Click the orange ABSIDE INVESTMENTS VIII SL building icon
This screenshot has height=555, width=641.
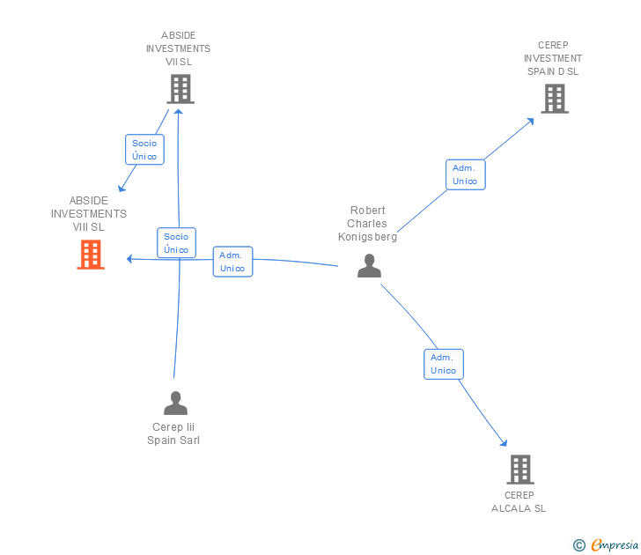(91, 255)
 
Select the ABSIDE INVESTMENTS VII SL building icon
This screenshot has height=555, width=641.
(180, 89)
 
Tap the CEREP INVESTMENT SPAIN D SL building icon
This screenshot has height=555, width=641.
(555, 99)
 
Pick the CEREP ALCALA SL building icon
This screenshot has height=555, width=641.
(520, 470)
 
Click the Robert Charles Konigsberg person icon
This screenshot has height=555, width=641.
(370, 265)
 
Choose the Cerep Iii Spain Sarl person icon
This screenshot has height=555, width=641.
(176, 403)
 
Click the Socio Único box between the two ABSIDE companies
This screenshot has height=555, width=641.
(144, 150)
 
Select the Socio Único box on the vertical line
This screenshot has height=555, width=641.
(176, 243)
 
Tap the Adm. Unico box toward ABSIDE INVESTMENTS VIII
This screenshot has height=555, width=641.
(232, 262)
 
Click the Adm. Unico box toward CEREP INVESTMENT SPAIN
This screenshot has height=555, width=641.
(465, 174)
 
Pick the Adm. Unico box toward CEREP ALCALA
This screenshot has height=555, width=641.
(444, 364)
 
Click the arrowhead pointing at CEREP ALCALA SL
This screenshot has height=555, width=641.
(504, 443)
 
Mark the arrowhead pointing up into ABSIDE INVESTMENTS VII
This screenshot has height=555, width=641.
(180, 111)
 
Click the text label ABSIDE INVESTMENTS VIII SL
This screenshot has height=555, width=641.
(89, 214)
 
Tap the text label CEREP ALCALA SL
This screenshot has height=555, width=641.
(519, 501)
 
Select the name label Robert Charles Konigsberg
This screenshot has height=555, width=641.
(368, 224)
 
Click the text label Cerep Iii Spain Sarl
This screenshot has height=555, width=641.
(173, 433)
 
